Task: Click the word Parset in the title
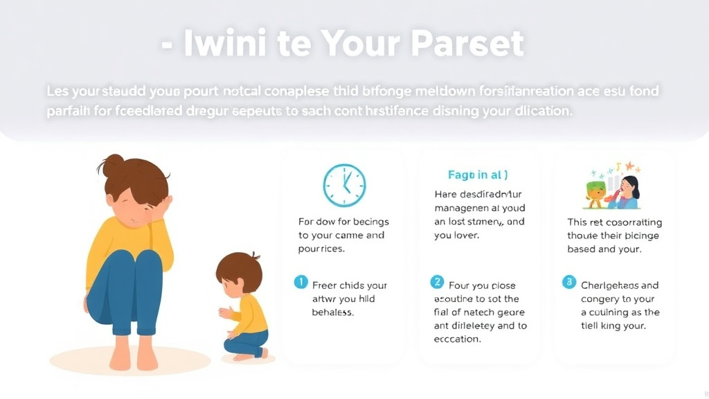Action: (x=467, y=44)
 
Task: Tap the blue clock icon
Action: (x=344, y=185)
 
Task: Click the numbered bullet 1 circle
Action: (x=300, y=282)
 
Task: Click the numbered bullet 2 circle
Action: (x=437, y=282)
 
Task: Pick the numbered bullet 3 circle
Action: (x=568, y=282)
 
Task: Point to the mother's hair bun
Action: (x=111, y=166)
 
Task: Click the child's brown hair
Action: (x=238, y=269)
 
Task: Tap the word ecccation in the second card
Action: (x=458, y=339)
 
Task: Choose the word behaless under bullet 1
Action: (x=334, y=312)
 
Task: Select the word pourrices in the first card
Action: (x=321, y=249)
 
